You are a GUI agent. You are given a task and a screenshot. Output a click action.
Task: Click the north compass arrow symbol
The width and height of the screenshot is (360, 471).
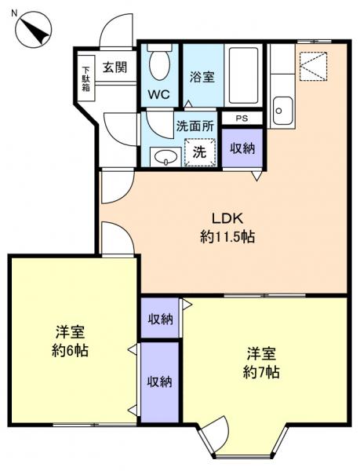click(32, 30)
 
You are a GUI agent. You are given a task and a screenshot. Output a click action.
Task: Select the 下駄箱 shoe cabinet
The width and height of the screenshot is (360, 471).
click(85, 77)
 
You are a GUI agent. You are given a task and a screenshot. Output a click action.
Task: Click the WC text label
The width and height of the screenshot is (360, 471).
click(159, 95)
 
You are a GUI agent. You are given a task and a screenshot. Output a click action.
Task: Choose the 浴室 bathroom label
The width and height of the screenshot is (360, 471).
click(202, 77)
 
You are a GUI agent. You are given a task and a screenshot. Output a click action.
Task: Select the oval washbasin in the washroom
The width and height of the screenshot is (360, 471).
click(164, 157)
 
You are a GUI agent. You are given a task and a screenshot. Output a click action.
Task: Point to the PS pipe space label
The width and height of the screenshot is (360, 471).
click(241, 119)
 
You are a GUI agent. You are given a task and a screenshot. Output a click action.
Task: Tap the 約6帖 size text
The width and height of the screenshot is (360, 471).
click(70, 350)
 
